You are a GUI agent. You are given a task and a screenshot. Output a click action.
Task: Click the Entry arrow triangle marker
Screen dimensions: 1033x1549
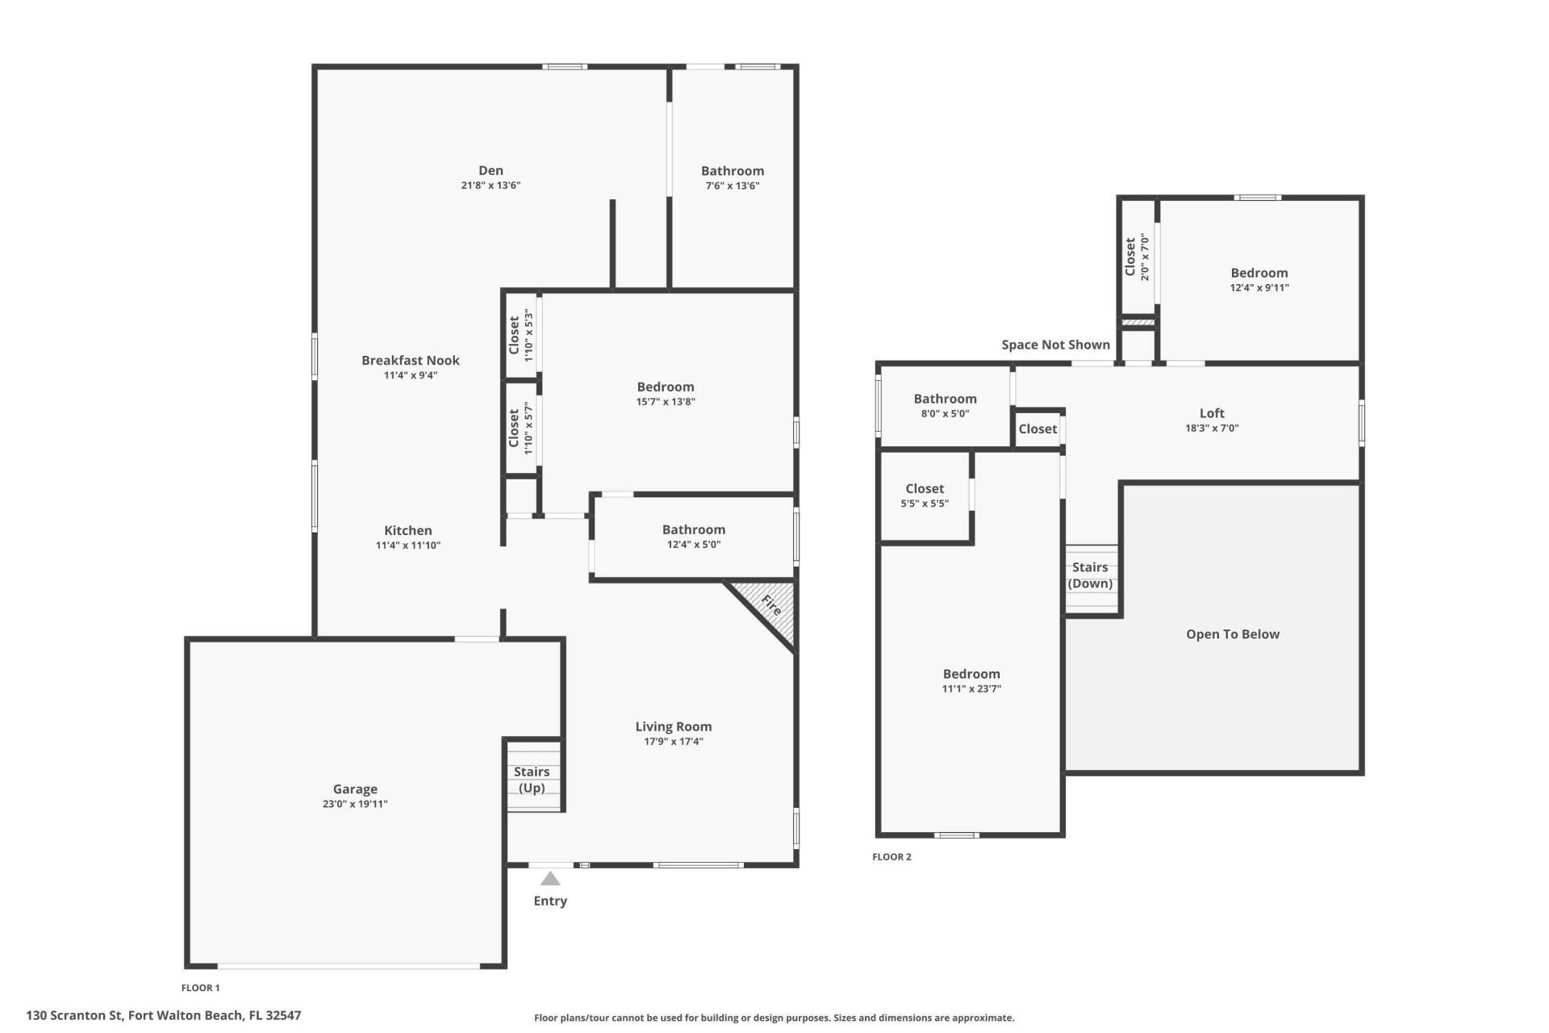tap(550, 879)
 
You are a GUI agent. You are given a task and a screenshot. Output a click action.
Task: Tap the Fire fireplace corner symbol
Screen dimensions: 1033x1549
tap(771, 606)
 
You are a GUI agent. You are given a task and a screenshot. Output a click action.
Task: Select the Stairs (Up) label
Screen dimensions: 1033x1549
tap(532, 780)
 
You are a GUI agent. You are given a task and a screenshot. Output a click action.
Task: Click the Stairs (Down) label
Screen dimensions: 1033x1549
tap(1090, 575)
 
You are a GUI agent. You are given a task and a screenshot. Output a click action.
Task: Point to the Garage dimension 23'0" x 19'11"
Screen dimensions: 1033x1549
tap(355, 804)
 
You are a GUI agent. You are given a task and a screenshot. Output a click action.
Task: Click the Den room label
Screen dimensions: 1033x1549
tap(491, 170)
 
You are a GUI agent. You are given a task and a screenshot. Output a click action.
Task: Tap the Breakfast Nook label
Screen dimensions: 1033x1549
tap(410, 360)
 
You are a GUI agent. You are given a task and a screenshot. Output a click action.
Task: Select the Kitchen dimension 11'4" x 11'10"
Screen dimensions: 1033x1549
tap(407, 546)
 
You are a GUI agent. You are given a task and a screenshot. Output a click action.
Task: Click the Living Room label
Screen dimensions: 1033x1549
tap(673, 726)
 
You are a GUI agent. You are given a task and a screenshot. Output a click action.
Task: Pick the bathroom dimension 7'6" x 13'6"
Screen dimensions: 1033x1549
tap(732, 186)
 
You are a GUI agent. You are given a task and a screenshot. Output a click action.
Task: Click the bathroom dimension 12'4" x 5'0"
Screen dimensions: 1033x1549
tap(693, 545)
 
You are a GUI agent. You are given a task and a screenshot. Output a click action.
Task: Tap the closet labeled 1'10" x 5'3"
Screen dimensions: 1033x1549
tap(521, 335)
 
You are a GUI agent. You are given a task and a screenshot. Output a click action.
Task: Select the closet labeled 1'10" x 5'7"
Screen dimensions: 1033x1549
tap(521, 428)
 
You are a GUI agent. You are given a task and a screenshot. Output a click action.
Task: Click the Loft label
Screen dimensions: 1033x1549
tap(1212, 413)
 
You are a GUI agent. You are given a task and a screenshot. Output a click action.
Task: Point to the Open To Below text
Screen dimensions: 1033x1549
tap(1232, 634)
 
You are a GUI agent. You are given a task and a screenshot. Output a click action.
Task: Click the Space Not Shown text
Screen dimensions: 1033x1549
tap(1055, 345)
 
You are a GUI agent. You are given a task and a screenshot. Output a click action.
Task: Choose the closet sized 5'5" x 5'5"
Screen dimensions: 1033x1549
tap(925, 496)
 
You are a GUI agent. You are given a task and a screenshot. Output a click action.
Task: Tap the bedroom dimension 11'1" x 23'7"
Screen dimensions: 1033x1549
tap(971, 689)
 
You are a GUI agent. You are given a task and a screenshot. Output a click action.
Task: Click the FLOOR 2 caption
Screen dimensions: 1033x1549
tap(891, 857)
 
